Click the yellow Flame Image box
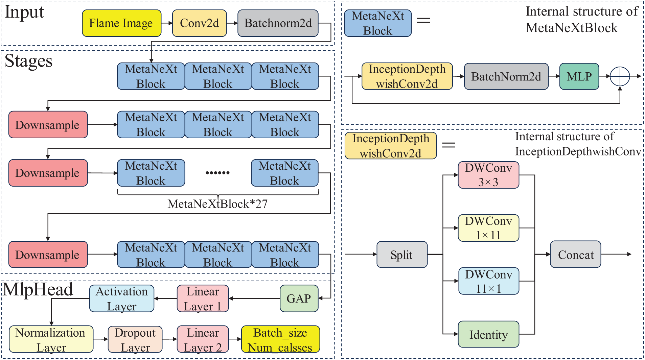tap(121, 23)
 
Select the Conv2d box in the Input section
tap(199, 23)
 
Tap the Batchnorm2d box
tap(278, 23)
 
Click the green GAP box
tap(299, 298)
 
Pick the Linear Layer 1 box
tap(203, 298)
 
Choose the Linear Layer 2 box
tap(203, 339)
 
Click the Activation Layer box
tap(122, 298)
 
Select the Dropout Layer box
tap(135, 339)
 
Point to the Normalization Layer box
tap(51, 339)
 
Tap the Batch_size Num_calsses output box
tap(280, 339)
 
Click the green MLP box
tap(579, 76)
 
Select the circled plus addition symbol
tap(620, 76)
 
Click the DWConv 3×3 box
tap(488, 175)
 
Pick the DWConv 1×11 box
tap(488, 228)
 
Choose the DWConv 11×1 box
tap(488, 281)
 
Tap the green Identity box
tap(488, 334)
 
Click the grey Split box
tap(402, 255)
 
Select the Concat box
tap(575, 255)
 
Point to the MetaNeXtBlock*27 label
tap(217, 204)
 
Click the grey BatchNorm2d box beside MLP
tap(506, 76)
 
